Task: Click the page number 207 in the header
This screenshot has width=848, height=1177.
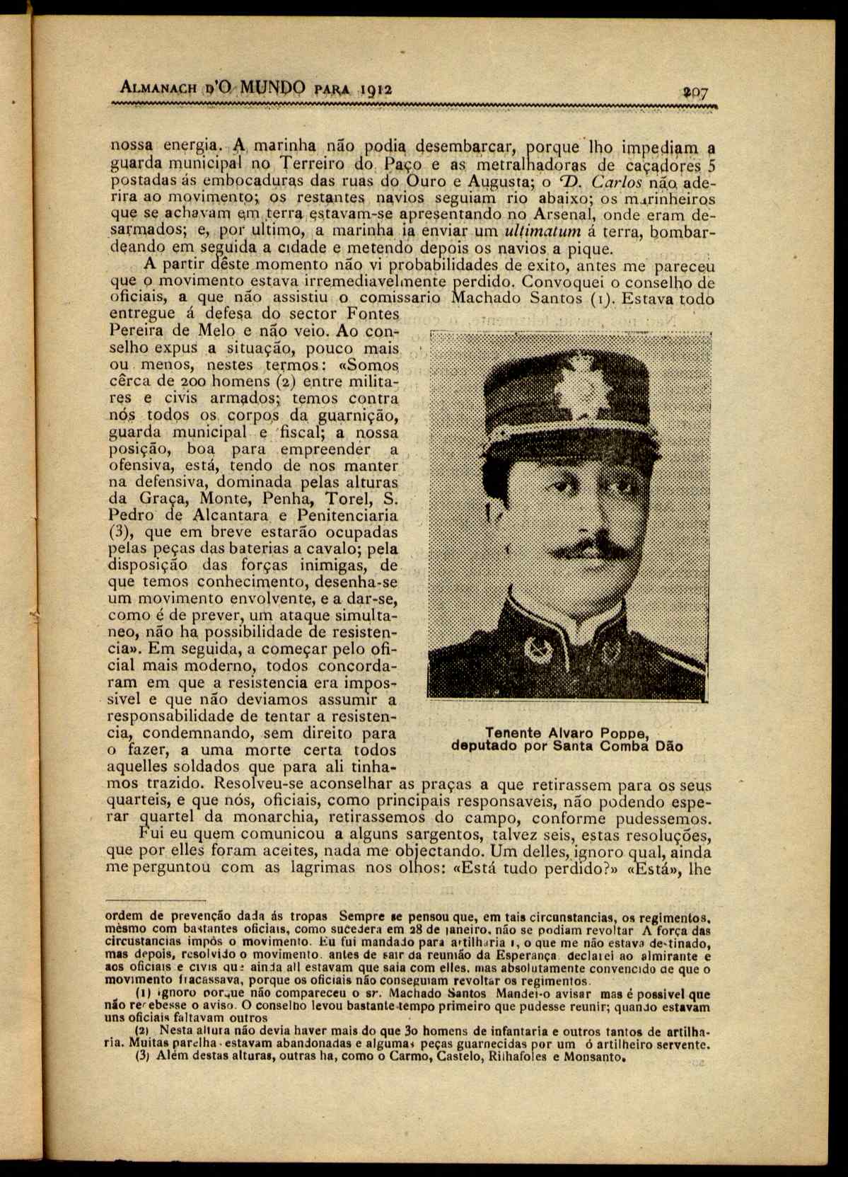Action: (x=696, y=92)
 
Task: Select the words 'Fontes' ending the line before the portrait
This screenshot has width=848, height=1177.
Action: (x=373, y=314)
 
